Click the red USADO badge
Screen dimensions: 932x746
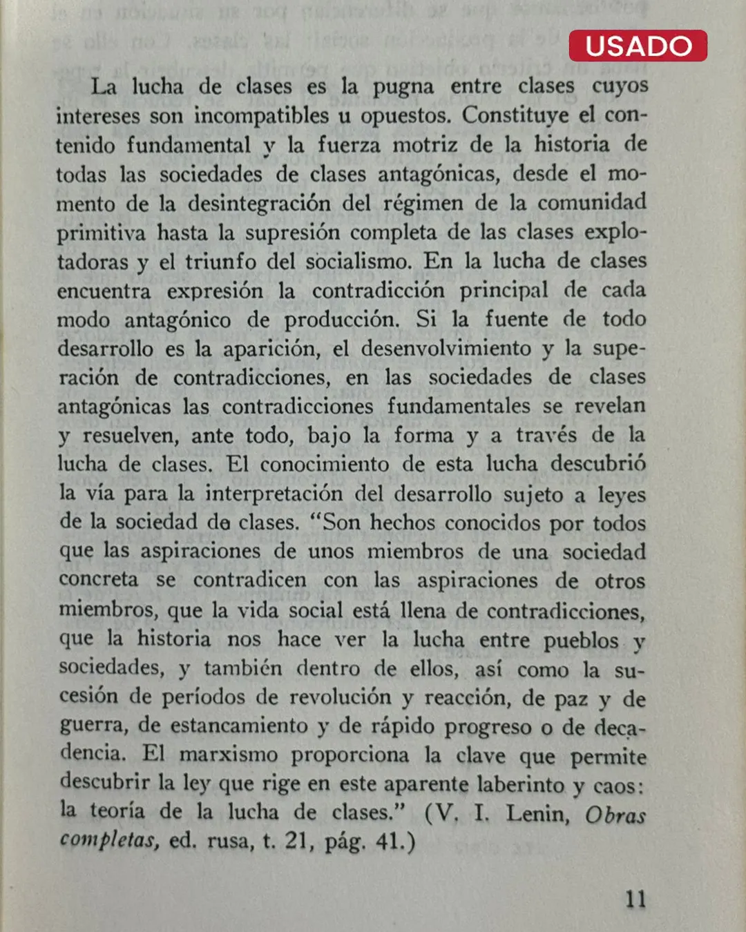tap(638, 46)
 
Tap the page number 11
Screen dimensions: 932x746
tap(635, 899)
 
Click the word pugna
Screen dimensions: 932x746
tap(403, 87)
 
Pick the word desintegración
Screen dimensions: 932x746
tap(259, 203)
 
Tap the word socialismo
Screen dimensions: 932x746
tap(359, 262)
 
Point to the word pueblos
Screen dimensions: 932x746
tap(580, 641)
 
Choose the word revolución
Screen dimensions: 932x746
tap(340, 697)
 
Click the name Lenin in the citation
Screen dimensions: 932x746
tap(537, 813)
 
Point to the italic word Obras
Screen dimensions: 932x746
tap(615, 815)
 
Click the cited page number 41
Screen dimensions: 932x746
tap(390, 842)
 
